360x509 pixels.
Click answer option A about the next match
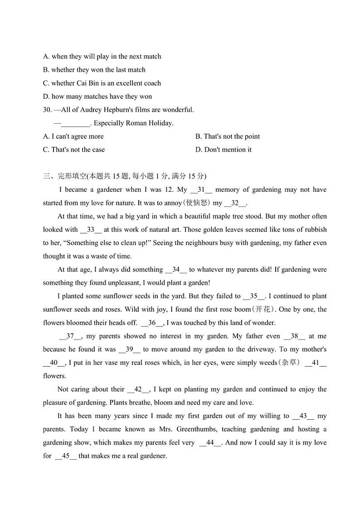tap(102, 57)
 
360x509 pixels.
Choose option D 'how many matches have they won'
tap(97, 96)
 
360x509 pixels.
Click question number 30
tap(48, 110)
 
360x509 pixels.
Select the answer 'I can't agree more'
tap(73, 136)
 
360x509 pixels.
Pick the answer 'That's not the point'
tap(228, 136)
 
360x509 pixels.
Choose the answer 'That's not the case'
tap(74, 150)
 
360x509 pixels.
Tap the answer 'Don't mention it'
tap(224, 150)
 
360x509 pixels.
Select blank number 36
tap(152, 323)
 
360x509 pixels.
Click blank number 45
tap(66, 456)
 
